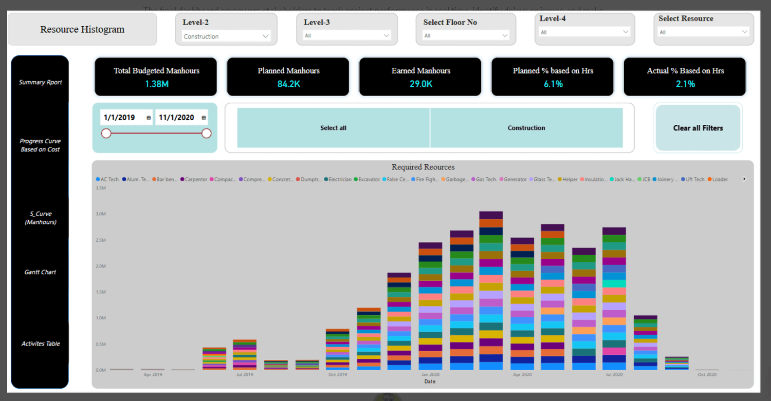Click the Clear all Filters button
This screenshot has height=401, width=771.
(697, 128)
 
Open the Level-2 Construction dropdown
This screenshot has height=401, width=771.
(226, 36)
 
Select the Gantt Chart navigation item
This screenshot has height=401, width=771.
(40, 272)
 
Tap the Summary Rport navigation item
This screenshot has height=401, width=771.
(40, 82)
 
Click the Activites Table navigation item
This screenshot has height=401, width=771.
(40, 343)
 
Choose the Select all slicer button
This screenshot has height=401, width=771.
(333, 128)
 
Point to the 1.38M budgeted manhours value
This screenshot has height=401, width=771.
(157, 84)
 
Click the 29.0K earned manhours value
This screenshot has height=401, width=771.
(420, 84)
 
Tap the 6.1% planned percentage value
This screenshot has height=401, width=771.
(553, 84)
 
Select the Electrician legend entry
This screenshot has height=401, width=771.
(340, 180)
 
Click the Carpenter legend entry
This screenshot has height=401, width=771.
(196, 180)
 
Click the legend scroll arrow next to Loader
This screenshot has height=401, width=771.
(744, 179)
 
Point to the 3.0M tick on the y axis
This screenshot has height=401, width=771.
(100, 214)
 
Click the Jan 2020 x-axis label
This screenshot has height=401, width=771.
(430, 375)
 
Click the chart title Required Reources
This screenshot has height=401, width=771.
(423, 167)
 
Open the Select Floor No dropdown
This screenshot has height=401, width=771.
(465, 35)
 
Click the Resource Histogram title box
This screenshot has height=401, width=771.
(82, 29)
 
